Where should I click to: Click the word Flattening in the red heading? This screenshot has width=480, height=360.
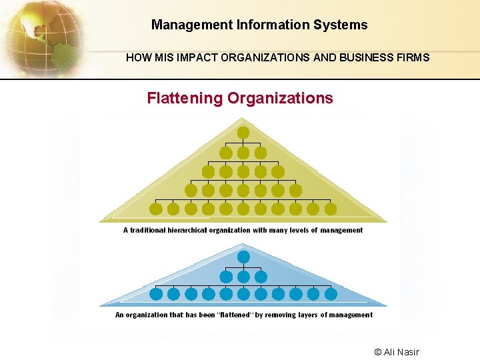click(x=185, y=99)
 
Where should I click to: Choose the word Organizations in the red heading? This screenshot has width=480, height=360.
click(x=280, y=99)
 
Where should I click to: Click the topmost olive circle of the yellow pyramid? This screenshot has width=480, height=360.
click(x=243, y=132)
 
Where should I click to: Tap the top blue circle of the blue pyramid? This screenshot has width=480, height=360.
click(x=243, y=256)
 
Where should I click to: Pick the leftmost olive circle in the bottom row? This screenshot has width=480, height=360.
click(x=156, y=209)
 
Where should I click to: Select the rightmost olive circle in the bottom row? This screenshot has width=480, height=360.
click(x=331, y=209)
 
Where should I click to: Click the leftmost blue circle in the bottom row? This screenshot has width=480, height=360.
click(x=156, y=294)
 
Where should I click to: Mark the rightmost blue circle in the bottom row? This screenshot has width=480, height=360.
click(x=331, y=294)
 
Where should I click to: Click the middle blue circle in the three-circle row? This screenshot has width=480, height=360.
click(x=243, y=276)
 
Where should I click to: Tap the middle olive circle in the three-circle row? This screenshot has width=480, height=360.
click(x=243, y=153)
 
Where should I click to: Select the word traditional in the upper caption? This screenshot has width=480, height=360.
click(x=150, y=231)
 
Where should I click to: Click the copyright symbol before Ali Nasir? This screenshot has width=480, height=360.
click(x=378, y=352)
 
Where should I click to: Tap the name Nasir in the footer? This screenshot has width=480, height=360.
click(x=407, y=352)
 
